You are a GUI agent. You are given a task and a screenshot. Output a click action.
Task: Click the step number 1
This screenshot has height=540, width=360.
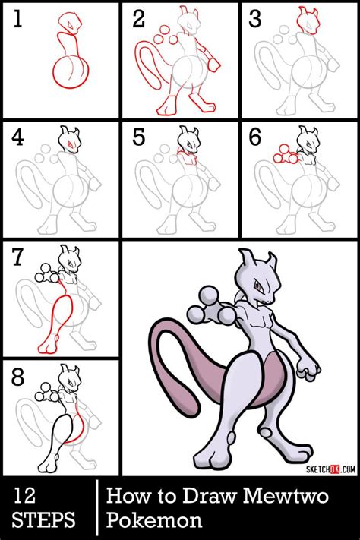17,21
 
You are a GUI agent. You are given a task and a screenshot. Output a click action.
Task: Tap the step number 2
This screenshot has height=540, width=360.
139,21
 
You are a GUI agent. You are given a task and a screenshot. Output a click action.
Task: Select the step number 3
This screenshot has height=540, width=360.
257,21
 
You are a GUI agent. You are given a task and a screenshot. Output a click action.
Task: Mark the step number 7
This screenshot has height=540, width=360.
18,258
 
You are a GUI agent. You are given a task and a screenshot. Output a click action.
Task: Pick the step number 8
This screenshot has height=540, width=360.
18,376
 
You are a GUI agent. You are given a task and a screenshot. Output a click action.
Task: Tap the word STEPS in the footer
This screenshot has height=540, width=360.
43,522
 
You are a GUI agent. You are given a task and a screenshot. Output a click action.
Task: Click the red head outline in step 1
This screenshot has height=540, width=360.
70,23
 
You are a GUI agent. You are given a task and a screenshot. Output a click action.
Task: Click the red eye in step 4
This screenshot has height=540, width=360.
71,141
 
